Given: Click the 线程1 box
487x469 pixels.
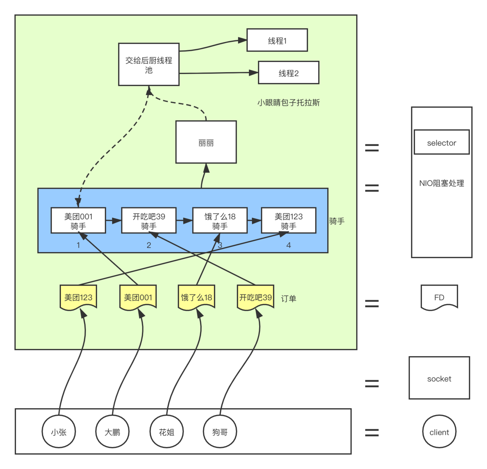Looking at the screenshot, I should [x=277, y=40].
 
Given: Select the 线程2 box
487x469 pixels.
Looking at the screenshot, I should [x=288, y=73].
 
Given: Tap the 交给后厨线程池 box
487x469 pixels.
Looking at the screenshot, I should [x=149, y=65].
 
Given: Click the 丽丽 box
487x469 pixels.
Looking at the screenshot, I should [x=206, y=142].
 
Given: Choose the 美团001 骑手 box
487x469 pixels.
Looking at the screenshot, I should [x=78, y=221].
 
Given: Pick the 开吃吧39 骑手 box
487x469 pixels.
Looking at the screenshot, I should [x=149, y=221].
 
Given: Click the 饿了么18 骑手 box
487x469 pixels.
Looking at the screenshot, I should [x=220, y=221].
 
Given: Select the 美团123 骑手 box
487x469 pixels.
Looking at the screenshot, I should [x=288, y=221].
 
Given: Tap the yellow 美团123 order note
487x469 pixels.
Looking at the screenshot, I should [x=78, y=297].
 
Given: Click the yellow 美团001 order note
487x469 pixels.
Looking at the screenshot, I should [x=138, y=297].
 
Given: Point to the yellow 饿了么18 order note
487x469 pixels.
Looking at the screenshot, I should [x=196, y=297].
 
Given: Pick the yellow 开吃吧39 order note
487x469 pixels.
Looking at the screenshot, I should [x=255, y=297].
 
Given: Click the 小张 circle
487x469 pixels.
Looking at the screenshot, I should [x=59, y=432].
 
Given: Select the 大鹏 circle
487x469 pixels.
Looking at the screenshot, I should [x=112, y=432].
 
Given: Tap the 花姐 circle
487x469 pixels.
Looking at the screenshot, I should [x=167, y=432].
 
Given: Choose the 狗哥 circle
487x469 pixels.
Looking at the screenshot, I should [x=220, y=432].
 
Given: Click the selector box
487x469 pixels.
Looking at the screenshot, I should [x=441, y=142].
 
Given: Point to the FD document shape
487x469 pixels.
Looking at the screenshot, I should [x=439, y=297].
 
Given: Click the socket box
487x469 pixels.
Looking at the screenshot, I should [x=439, y=378].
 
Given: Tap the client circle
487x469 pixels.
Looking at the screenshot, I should [x=439, y=432].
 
